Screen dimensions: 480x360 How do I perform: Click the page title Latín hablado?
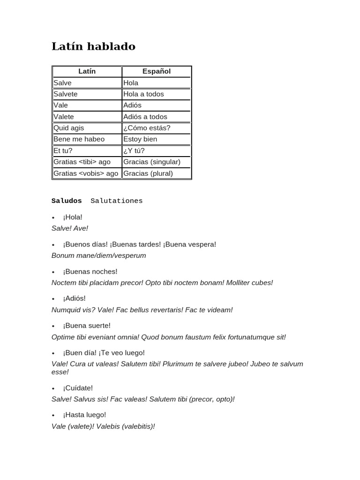tap(93, 46)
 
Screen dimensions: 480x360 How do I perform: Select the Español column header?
tap(157, 71)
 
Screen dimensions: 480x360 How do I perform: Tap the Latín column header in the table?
tap(87, 71)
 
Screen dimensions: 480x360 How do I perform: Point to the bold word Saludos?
tap(67, 201)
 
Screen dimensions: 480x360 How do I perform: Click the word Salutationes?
tap(117, 201)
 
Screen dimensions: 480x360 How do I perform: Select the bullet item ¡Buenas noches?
tap(90, 271)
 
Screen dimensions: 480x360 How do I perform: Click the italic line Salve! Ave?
tap(70, 228)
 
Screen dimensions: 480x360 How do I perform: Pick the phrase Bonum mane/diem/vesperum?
tap(99, 255)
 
